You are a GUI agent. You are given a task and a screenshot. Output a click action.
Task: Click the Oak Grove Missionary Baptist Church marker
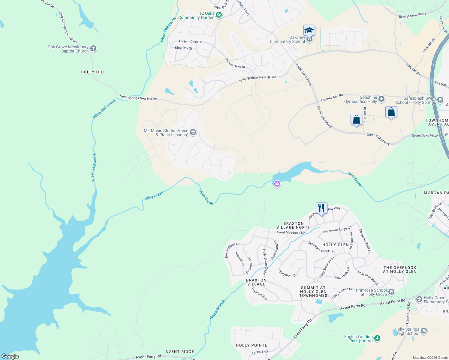point(93,49)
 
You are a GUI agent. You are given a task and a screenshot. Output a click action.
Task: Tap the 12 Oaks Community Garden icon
point(219,15)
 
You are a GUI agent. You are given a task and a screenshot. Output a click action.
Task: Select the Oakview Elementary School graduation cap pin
point(309,31)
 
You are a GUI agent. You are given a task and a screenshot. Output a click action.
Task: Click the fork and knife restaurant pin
point(321,208)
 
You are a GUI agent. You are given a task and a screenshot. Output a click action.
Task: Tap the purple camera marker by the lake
point(277,184)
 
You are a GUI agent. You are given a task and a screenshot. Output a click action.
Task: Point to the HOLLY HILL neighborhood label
point(93,72)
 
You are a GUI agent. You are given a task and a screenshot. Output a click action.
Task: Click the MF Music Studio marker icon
point(193,132)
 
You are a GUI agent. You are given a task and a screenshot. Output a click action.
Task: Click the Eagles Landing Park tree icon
point(377,338)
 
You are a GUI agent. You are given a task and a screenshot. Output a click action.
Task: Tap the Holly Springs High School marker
point(424,331)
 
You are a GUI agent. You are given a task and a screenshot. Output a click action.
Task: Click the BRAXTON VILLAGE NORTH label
point(293,225)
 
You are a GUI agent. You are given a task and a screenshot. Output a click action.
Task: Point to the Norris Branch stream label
point(217,309)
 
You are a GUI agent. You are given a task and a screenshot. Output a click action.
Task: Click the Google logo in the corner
point(10,356)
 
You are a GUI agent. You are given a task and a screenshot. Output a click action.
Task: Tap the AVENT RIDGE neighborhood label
point(179,352)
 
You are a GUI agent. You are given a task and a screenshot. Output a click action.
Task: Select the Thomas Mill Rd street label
point(332,98)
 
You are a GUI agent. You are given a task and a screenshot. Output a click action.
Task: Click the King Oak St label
point(183,48)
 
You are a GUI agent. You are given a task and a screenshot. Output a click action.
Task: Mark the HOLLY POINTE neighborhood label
point(251,345)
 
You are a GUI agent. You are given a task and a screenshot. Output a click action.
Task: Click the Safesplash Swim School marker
point(440,100)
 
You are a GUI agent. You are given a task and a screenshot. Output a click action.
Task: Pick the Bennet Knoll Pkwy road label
point(412,15)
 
